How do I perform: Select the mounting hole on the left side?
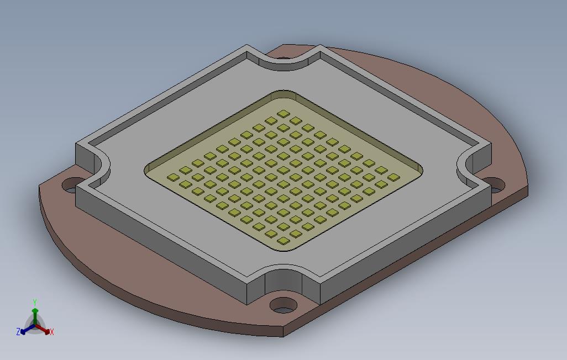point(71,184)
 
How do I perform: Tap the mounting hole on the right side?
point(496,184)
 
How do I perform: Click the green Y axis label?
point(34,302)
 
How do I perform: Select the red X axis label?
point(51,332)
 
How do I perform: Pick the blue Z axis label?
point(18,332)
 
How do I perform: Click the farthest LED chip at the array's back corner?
point(283,114)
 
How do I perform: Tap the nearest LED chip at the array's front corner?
point(283,240)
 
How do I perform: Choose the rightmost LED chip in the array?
point(393,177)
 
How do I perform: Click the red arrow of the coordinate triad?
point(44,330)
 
